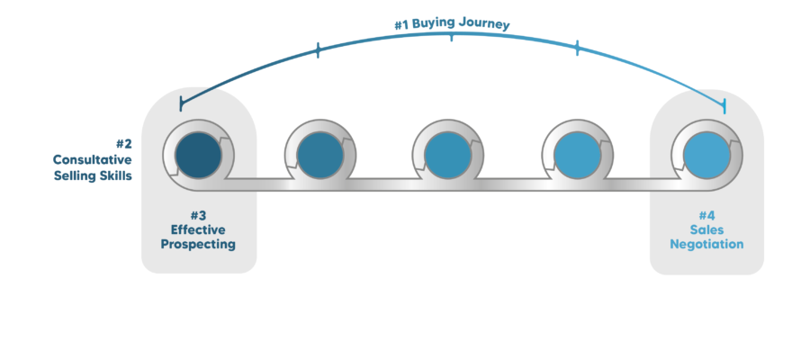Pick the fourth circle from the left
[573, 154]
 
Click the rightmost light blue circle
[706, 153]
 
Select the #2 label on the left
[124, 143]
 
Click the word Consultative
[92, 159]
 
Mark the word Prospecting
[199, 244]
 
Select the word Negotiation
[706, 244]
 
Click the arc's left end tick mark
[181, 103]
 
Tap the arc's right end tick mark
[724, 106]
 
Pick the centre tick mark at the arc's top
[452, 37]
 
